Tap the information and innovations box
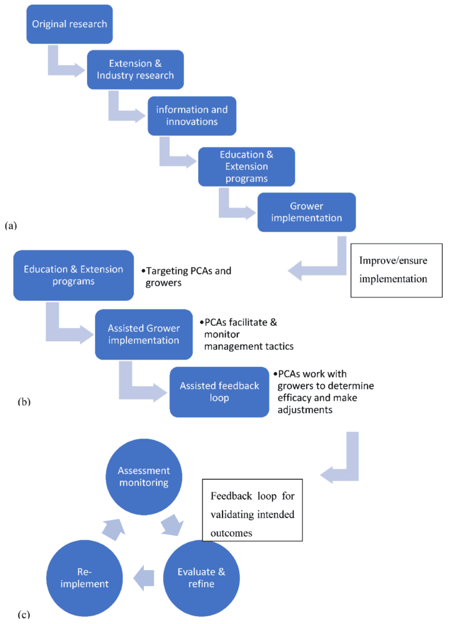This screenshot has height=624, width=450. (191, 116)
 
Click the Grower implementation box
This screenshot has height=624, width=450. (306, 212)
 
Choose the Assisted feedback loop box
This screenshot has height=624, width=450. (219, 392)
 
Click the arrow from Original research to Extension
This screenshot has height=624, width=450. (64, 66)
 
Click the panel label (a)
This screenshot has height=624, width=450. (10, 225)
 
